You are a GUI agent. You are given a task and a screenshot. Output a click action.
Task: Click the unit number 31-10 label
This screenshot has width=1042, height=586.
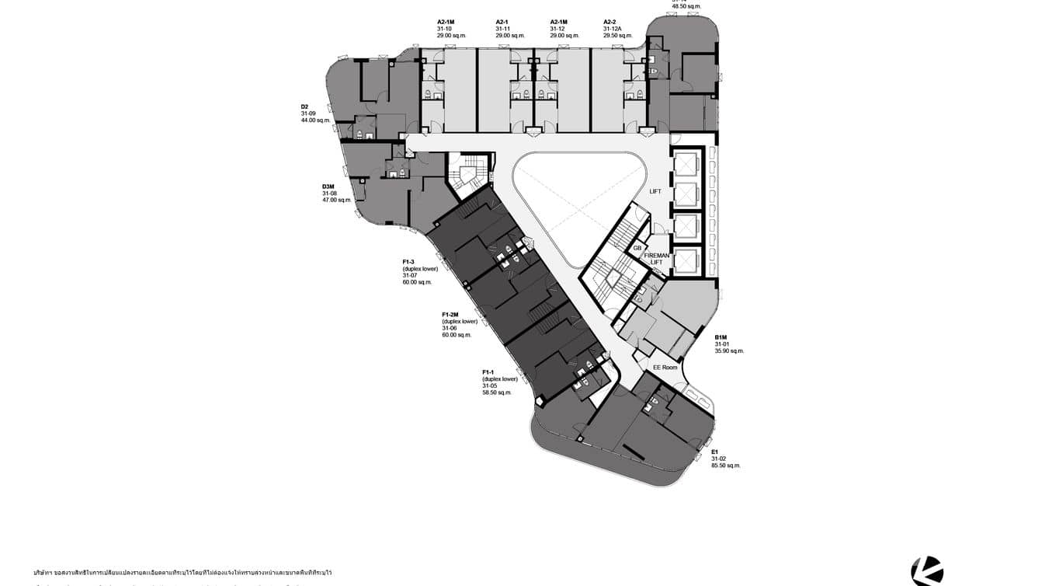[444, 29]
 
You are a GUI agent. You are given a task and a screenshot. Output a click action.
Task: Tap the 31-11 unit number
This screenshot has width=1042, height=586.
[503, 29]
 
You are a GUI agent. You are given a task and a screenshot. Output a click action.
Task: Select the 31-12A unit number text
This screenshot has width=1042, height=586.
[613, 29]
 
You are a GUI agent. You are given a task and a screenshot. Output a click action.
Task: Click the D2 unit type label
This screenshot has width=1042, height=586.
[305, 106]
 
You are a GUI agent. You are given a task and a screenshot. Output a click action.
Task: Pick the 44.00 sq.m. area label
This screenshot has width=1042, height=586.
[316, 120]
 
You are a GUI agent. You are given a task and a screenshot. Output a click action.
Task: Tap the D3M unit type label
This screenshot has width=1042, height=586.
[328, 187]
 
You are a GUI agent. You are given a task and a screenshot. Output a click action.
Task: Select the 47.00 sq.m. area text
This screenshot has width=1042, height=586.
[337, 201]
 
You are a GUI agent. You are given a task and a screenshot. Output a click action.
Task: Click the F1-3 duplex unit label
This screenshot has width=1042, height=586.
[408, 262]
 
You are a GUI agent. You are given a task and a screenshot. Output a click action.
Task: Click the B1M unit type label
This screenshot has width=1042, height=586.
[721, 337]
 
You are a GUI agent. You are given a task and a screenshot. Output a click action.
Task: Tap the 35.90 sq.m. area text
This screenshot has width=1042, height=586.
[729, 351]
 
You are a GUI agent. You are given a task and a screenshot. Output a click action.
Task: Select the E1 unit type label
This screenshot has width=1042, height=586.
[714, 452]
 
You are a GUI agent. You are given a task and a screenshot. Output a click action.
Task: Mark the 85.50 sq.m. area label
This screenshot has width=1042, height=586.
[726, 466]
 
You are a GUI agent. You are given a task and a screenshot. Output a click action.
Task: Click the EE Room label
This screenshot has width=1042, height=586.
[665, 368]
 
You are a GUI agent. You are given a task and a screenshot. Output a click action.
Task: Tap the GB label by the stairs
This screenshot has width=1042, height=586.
[637, 248]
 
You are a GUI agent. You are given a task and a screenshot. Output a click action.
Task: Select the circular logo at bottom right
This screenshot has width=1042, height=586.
[927, 571]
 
